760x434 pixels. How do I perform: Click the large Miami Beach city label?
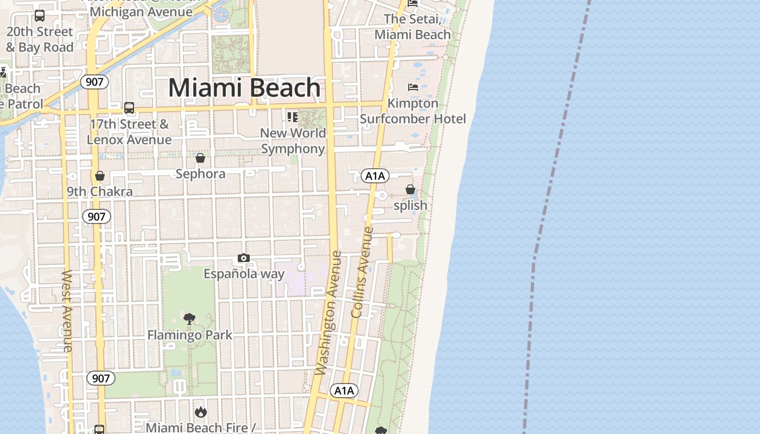point(244,88)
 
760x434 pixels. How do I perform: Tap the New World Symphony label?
point(293,141)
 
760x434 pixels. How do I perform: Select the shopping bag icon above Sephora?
point(200,158)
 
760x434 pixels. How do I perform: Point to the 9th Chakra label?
point(100,192)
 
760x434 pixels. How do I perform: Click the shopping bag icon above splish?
point(410,189)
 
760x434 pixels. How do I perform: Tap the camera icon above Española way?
point(244,258)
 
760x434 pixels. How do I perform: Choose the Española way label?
point(244,274)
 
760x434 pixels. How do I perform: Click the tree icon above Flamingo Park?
point(189,318)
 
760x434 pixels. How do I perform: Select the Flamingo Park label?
point(189,335)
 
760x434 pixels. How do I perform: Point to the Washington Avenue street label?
point(328,313)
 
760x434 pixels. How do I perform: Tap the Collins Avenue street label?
point(363,272)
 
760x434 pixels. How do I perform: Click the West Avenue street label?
point(67,310)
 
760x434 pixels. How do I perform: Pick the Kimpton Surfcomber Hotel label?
point(413,111)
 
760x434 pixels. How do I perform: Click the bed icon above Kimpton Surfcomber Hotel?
point(413,87)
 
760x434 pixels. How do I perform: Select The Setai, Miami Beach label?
point(413,27)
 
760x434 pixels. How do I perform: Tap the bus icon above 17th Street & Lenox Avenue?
point(129,107)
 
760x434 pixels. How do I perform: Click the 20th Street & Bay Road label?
point(40,40)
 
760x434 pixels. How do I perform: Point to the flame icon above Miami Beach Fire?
point(201,412)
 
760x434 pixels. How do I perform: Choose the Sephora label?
point(200,174)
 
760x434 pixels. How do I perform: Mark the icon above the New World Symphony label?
point(293,117)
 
